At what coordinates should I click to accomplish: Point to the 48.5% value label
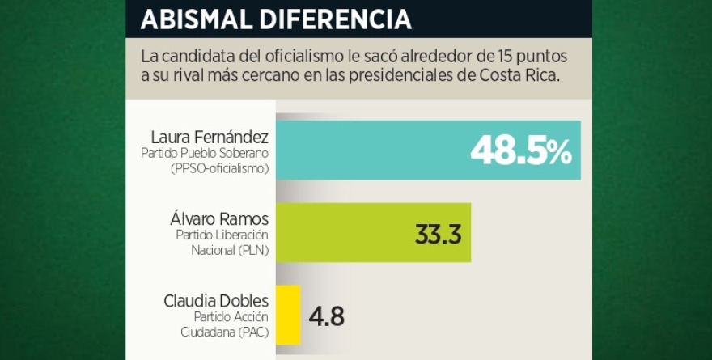tap(521, 150)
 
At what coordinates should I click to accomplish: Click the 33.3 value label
tap(438, 235)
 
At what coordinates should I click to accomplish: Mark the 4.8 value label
tap(327, 316)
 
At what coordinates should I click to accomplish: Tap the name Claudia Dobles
tap(216, 301)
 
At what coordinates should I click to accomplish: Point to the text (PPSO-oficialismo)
tap(219, 168)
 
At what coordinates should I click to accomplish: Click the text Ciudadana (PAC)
tap(225, 332)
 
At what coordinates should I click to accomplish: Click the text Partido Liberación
tap(222, 235)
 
